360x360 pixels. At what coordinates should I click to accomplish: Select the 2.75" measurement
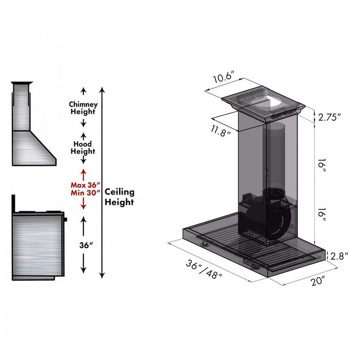[330, 117]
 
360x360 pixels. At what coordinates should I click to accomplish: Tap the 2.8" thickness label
[340, 256]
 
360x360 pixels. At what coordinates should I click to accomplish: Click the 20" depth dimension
[318, 281]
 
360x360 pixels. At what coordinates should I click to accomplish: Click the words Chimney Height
[83, 108]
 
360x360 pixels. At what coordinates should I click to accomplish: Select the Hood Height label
[83, 148]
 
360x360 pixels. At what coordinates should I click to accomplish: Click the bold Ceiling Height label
[119, 196]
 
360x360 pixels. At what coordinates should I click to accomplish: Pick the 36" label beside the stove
[83, 245]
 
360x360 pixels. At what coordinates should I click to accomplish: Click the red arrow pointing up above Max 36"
[83, 173]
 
